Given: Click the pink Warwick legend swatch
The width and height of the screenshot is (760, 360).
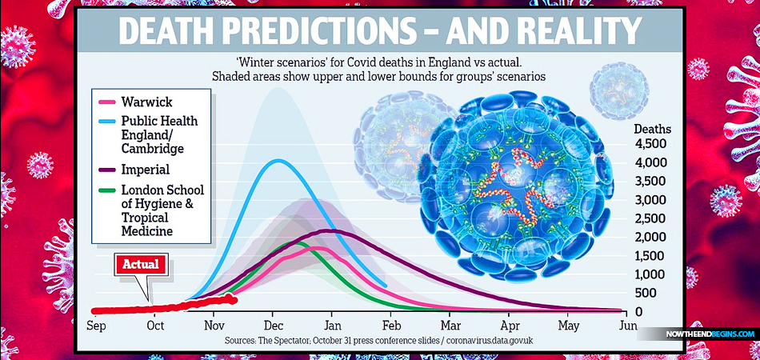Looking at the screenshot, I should point(104,102).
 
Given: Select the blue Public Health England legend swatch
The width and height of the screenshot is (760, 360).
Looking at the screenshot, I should point(104,122).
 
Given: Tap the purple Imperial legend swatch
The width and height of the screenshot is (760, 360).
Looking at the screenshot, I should point(104,169).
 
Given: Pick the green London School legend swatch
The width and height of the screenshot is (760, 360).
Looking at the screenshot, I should point(104,190).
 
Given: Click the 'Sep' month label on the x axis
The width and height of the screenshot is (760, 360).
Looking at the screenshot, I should point(97,326).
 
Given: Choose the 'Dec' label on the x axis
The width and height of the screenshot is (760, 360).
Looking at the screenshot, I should point(273,326).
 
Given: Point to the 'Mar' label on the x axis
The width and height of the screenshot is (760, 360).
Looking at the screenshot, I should point(450,326).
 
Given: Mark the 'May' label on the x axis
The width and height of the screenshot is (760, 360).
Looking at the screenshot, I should point(568,326).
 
